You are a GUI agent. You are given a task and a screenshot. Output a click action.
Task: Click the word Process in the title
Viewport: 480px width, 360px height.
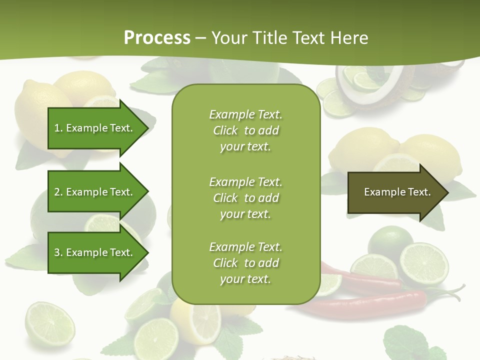click(157, 37)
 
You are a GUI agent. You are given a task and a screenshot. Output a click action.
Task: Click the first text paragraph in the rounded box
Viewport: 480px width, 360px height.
click(245, 130)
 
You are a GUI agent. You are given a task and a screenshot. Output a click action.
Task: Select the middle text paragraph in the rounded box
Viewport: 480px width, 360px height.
click(245, 197)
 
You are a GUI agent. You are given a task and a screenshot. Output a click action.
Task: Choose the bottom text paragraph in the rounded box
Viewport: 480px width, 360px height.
click(245, 263)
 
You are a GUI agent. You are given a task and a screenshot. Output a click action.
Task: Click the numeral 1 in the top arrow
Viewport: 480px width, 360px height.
click(56, 128)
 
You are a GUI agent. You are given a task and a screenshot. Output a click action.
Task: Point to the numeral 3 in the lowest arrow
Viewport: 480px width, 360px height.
click(57, 252)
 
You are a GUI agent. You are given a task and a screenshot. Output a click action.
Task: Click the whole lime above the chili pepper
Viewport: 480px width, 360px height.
click(390, 240)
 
